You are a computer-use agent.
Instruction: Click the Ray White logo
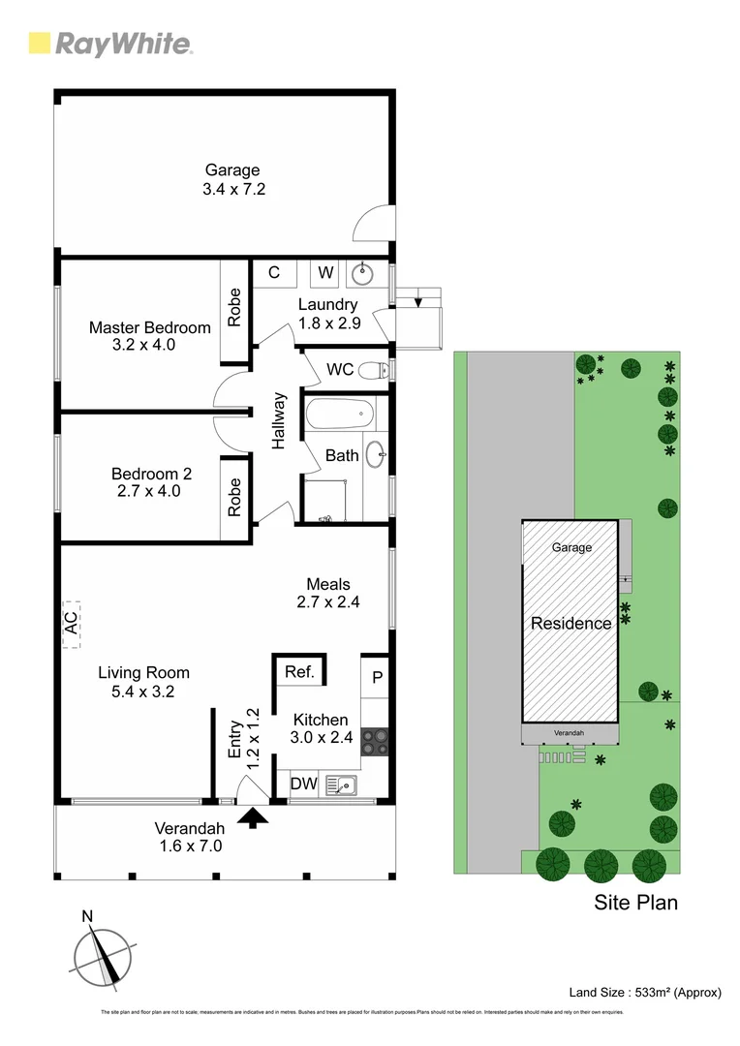pyautogui.click(x=109, y=44)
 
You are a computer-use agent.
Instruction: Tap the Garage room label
pyautogui.click(x=233, y=171)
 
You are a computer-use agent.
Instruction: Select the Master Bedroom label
pyautogui.click(x=149, y=327)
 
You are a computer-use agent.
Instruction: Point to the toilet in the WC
pyautogui.click(x=373, y=369)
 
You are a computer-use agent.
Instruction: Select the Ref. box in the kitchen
pyautogui.click(x=298, y=670)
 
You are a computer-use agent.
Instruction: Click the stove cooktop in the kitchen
pyautogui.click(x=375, y=741)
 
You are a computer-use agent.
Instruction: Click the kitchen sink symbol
pyautogui.click(x=341, y=784)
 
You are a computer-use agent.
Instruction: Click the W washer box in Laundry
pyautogui.click(x=325, y=273)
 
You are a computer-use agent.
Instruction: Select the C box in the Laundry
pyautogui.click(x=274, y=273)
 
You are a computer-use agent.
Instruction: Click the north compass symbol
pyautogui.click(x=103, y=959)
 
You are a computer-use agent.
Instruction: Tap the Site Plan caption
pyautogui.click(x=634, y=903)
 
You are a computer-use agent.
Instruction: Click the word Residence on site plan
pyautogui.click(x=570, y=624)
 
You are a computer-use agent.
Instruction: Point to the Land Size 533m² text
pyautogui.click(x=644, y=992)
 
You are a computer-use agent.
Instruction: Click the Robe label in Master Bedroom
pyautogui.click(x=234, y=308)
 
